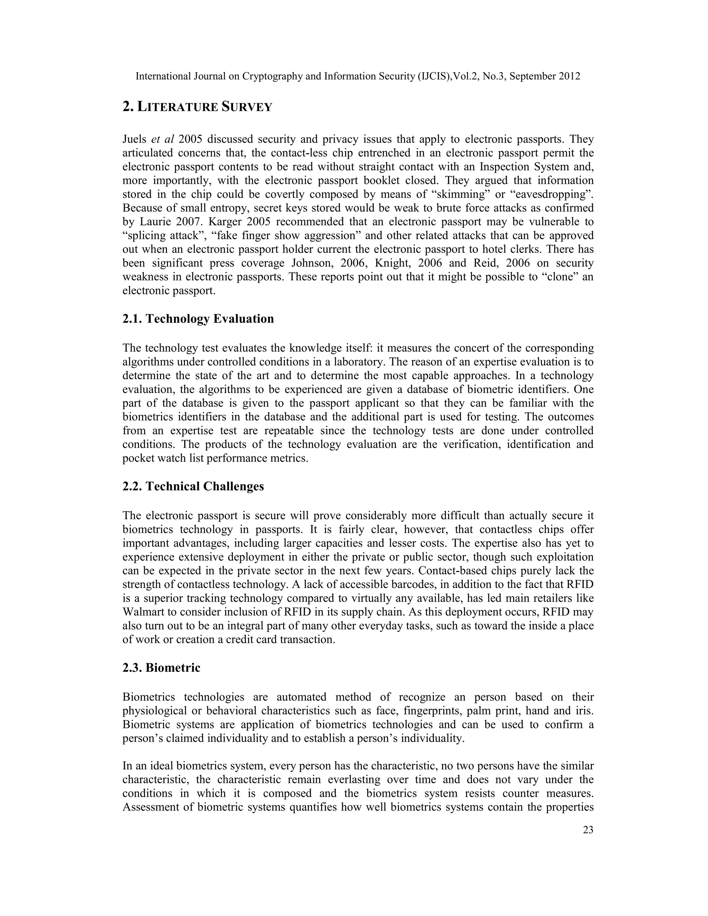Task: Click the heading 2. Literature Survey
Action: click(197, 107)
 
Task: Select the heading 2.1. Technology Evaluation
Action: click(198, 319)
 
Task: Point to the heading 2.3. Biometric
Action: click(161, 667)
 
